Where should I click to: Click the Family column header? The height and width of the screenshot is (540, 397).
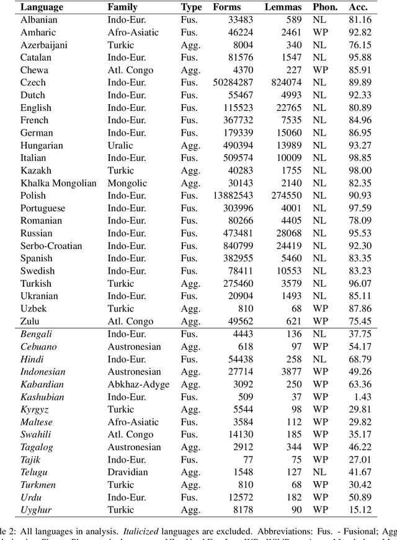coord(122,7)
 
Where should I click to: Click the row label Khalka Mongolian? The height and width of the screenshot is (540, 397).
coord(58,183)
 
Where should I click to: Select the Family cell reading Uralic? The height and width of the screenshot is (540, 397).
coord(120,146)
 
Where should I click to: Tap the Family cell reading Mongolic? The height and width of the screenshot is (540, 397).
coord(126,183)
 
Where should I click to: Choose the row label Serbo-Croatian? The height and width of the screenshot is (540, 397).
coord(51,246)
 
